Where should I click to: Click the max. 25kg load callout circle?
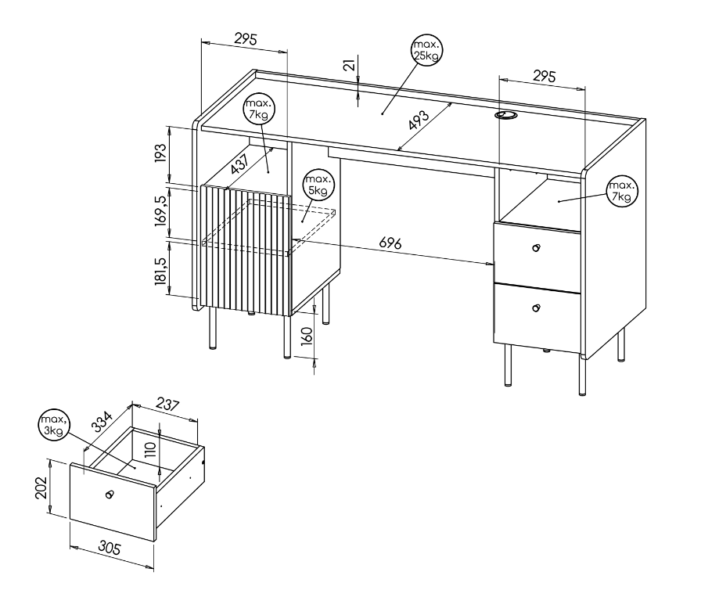(426, 50)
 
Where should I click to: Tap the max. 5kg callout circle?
(318, 185)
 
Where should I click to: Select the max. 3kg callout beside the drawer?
(54, 425)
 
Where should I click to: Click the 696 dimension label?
(390, 243)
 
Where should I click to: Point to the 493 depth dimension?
(419, 120)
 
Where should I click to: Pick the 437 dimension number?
(239, 164)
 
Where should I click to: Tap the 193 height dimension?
(160, 153)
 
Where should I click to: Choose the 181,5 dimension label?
(161, 271)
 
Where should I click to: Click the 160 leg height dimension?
(306, 336)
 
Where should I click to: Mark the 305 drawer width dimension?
(110, 547)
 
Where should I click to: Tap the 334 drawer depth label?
(102, 422)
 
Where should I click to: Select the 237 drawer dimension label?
(167, 404)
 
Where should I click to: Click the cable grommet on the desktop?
(505, 115)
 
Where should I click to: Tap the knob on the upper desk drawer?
(536, 248)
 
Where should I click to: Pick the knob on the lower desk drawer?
(536, 308)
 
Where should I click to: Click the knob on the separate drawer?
(109, 494)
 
